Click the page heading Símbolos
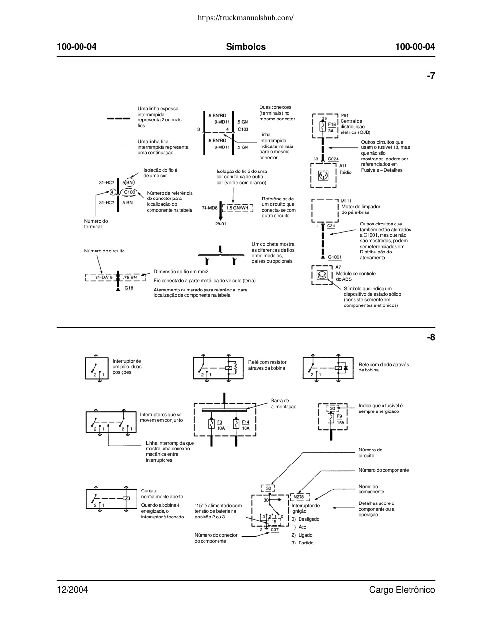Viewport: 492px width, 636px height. pyautogui.click(x=246, y=47)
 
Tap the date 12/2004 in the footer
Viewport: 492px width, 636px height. pyautogui.click(x=72, y=589)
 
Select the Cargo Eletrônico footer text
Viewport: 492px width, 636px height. pyautogui.click(x=402, y=589)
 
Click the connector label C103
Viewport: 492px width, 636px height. pyautogui.click(x=243, y=129)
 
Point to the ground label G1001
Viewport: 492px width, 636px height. pyautogui.click(x=335, y=257)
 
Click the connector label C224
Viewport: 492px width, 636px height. pyautogui.click(x=333, y=159)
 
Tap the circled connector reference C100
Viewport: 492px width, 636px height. pyautogui.click(x=130, y=192)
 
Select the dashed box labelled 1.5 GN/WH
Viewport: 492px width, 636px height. pyautogui.click(x=237, y=208)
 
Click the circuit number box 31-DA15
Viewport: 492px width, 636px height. pyautogui.click(x=101, y=278)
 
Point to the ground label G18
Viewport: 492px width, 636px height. pyautogui.click(x=129, y=288)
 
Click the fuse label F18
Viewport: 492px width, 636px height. pyautogui.click(x=332, y=124)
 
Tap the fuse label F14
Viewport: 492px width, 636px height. pyautogui.click(x=246, y=422)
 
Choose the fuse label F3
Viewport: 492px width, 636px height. pyautogui.click(x=219, y=422)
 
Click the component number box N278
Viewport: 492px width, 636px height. pyautogui.click(x=299, y=497)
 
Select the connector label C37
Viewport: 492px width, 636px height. pyautogui.click(x=274, y=530)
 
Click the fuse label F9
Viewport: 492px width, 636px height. pyautogui.click(x=339, y=416)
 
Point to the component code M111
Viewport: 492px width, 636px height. pyautogui.click(x=346, y=201)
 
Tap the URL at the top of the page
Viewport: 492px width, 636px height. pyautogui.click(x=246, y=18)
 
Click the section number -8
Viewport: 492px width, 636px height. pyautogui.click(x=431, y=337)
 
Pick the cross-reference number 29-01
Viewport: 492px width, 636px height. pyautogui.click(x=220, y=224)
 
